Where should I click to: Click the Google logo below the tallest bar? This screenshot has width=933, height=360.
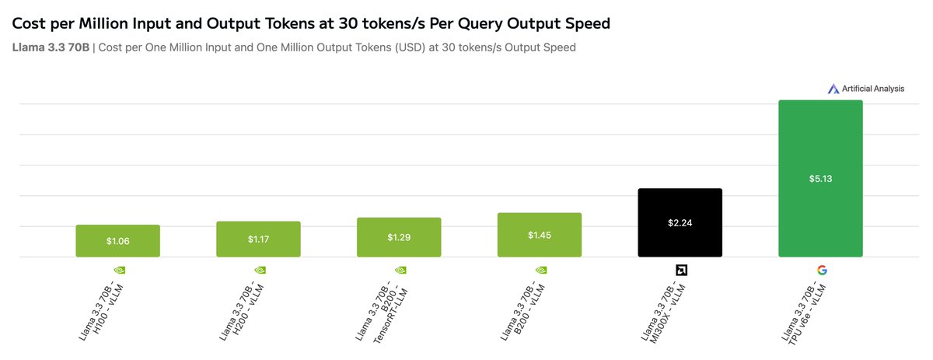821,271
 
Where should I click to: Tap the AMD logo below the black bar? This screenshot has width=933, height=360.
680,271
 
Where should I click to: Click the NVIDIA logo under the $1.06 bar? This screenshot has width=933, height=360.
118,271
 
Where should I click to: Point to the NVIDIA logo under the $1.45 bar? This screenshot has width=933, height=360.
540,271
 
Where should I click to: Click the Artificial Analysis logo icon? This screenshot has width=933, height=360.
833,89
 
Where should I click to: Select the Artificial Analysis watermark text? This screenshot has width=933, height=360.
872,89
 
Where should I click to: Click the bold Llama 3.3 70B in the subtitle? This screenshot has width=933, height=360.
51,47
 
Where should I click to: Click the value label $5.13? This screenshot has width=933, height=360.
820,178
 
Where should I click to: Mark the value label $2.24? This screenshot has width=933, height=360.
680,222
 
